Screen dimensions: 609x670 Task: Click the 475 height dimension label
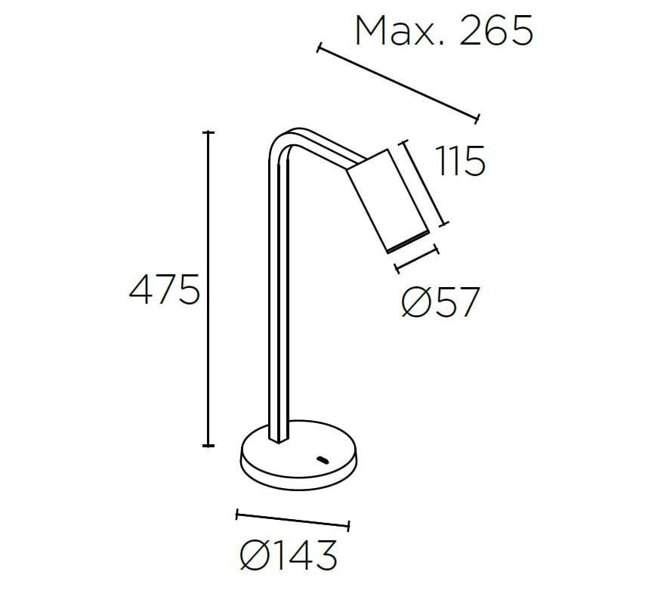coord(164,289)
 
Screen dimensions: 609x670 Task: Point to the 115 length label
coord(460,162)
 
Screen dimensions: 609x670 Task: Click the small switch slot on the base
coord(323,459)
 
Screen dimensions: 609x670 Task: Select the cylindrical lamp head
coord(387,199)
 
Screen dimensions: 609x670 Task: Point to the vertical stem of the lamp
coord(277,302)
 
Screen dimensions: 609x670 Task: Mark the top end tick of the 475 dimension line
coord(209,132)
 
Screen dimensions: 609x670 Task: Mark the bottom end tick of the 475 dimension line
coord(209,446)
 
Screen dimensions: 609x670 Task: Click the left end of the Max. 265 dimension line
coord(319,49)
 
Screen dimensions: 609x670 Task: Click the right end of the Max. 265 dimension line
coord(477,118)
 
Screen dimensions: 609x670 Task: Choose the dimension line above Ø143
coord(293,520)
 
